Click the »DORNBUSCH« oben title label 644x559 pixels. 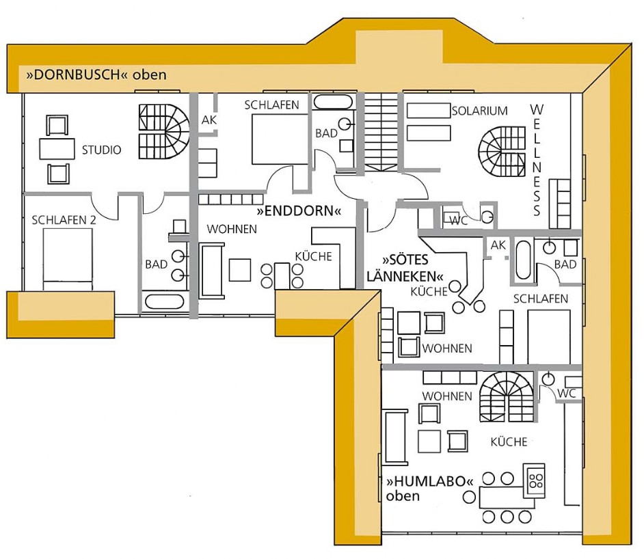96,74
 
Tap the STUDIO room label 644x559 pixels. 101,150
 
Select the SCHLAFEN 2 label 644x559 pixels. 64,220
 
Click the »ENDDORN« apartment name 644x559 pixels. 299,211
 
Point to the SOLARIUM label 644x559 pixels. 480,111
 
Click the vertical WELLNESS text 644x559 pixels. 537,160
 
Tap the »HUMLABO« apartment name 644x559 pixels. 430,481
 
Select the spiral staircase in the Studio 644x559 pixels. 164,131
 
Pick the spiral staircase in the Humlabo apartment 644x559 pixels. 507,397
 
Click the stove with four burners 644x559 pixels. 534,480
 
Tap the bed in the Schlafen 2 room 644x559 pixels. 68,260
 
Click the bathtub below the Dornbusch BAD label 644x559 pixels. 164,301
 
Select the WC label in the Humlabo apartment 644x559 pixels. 567,393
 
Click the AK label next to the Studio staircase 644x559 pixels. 209,120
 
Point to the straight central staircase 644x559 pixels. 381,132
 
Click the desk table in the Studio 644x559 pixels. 57,149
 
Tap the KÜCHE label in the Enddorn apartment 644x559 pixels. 313,256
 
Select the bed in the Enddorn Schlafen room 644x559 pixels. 280,139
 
